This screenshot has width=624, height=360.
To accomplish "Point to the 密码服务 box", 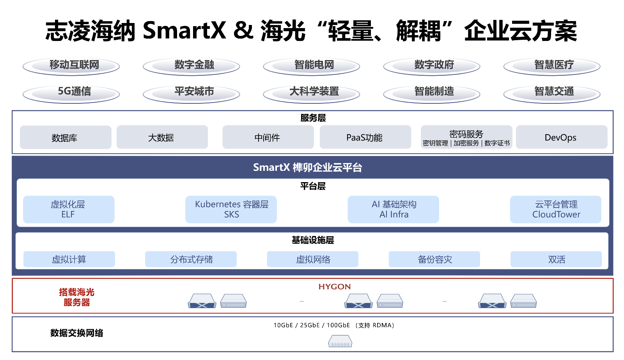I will pyautogui.click(x=466, y=137).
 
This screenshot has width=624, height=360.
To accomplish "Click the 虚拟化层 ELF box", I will pyautogui.click(x=69, y=209).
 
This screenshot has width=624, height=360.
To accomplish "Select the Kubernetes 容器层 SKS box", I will pyautogui.click(x=231, y=209).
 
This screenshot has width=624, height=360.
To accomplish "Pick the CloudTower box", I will pyautogui.click(x=556, y=209).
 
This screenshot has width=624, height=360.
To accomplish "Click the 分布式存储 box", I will pyautogui.click(x=191, y=259).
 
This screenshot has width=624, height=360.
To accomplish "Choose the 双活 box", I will pyautogui.click(x=556, y=259).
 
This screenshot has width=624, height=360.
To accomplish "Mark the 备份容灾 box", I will pyautogui.click(x=434, y=259).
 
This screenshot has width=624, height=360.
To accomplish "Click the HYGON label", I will pyautogui.click(x=335, y=287).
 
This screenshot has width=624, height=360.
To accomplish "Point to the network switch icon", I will pyautogui.click(x=340, y=342).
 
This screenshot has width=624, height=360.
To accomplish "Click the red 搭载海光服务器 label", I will pyautogui.click(x=77, y=297).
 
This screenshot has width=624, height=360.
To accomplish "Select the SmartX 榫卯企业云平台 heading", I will pyautogui.click(x=308, y=167).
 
